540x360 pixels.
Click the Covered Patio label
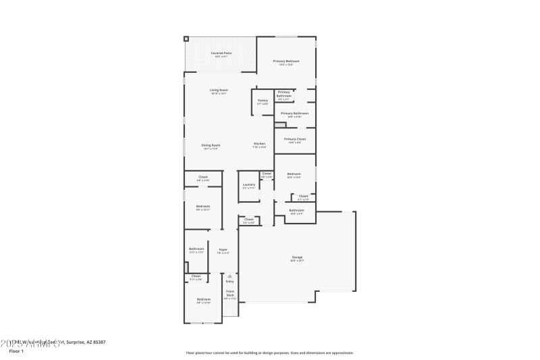click(218, 52)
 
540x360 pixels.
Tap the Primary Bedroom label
click(286, 61)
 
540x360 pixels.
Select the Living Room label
click(218, 91)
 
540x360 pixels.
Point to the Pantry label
click(263, 101)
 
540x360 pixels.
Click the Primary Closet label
click(294, 139)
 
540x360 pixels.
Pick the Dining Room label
click(211, 145)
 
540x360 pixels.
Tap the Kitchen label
click(259, 144)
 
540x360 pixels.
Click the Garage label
click(297, 257)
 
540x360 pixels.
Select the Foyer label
click(223, 250)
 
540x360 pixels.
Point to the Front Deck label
click(230, 293)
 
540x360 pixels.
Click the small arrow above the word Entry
click(230, 276)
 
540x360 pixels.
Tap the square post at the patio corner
click(187, 39)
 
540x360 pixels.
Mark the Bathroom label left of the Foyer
click(196, 249)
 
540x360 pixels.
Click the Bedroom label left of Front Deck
click(203, 299)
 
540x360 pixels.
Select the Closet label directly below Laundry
click(248, 220)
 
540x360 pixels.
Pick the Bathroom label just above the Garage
click(297, 211)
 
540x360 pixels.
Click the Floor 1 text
click(16, 351)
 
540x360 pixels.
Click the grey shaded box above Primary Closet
click(280, 125)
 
